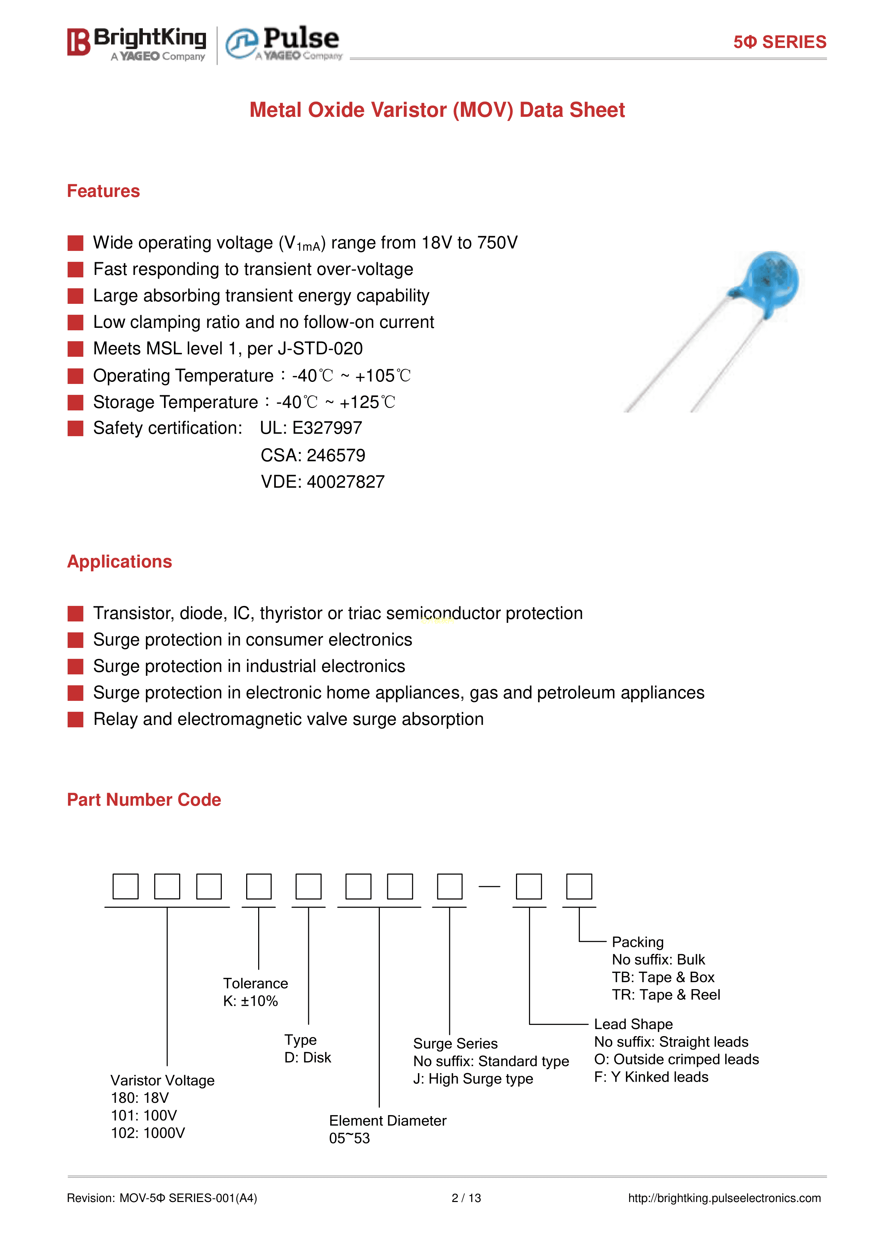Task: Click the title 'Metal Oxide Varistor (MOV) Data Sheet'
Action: (437, 110)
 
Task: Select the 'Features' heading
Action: (103, 191)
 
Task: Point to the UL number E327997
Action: (327, 428)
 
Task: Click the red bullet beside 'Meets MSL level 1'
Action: (75, 349)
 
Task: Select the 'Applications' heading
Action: (119, 561)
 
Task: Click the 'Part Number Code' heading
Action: (144, 800)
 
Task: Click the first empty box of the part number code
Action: (126, 887)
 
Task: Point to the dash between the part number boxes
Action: (489, 887)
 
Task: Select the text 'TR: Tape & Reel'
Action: (666, 995)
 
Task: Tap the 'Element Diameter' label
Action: (387, 1120)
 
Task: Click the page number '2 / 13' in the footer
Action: (466, 1198)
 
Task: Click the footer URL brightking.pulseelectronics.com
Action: (724, 1198)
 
